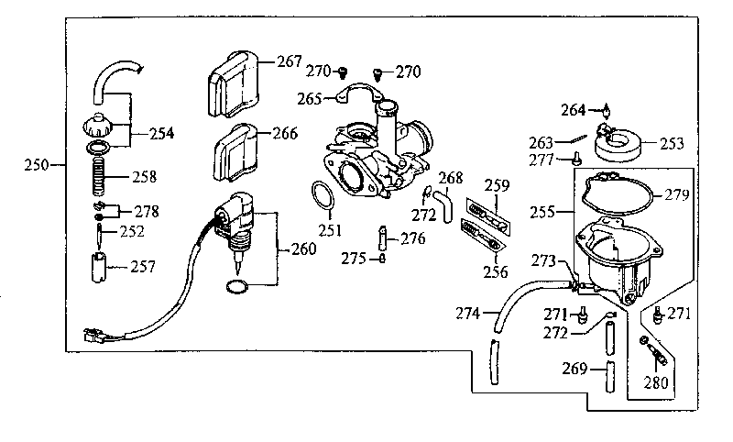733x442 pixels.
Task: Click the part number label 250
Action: [37, 165]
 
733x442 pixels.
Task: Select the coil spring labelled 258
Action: [99, 176]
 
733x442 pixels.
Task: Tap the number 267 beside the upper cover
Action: [290, 61]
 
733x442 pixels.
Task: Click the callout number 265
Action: [310, 99]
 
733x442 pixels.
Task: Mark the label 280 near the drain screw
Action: [656, 382]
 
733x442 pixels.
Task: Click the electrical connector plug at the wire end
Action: [94, 336]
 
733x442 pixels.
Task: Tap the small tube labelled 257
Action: [98, 267]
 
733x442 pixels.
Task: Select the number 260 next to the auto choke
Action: [304, 249]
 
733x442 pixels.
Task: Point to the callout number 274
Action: [468, 313]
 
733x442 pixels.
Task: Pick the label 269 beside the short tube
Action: [574, 369]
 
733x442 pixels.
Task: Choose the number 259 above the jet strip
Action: [497, 185]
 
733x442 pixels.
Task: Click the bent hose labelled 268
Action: [443, 205]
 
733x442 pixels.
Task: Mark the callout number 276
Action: [413, 239]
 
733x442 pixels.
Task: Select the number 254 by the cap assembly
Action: [162, 134]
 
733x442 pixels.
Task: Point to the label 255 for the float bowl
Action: [542, 213]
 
